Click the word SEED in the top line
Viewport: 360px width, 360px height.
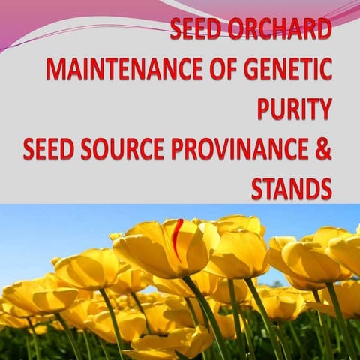194,31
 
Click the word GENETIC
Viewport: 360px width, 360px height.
287,70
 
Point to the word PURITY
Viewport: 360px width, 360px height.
295,109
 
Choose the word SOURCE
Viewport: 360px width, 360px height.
122,149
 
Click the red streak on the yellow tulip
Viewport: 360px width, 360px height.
176,238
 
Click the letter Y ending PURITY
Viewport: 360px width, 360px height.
323,109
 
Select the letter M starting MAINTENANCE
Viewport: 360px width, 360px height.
56,70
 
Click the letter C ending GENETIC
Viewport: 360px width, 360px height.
324,70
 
